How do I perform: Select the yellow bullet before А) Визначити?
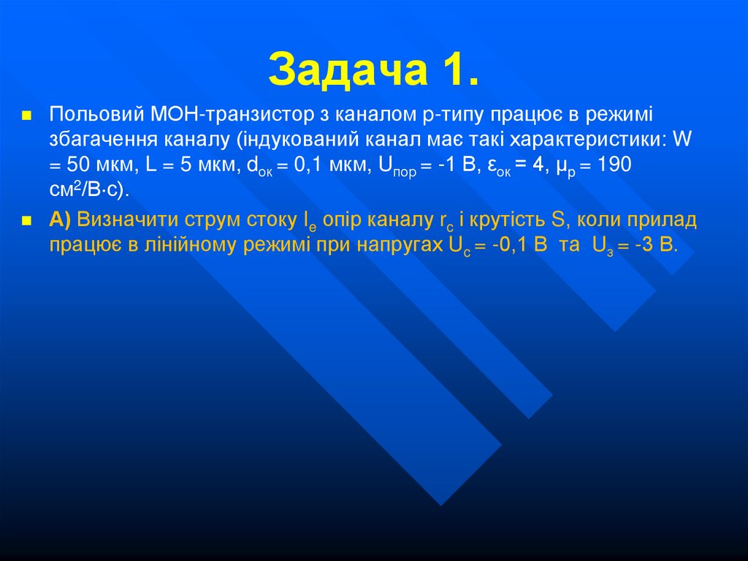point(27,220)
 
